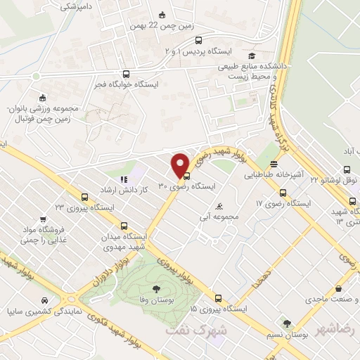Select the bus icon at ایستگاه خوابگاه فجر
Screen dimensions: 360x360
click(x=126, y=73)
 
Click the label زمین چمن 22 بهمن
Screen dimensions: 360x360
click(x=162, y=27)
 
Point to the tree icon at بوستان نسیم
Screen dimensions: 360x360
click(x=286, y=324)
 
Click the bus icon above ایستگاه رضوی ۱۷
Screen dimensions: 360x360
click(x=283, y=193)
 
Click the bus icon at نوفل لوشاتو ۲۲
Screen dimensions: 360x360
click(x=345, y=169)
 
